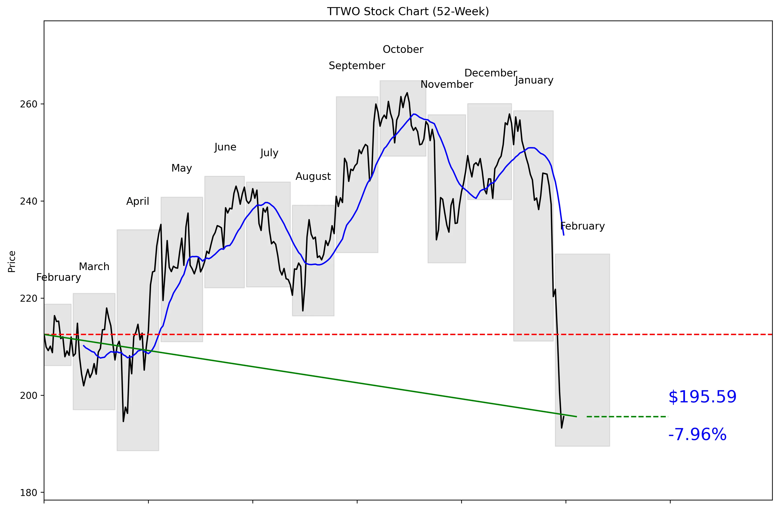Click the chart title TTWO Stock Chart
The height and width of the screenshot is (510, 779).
point(408,11)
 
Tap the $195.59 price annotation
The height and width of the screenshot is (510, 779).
point(702,397)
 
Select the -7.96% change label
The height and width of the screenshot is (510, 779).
point(697,435)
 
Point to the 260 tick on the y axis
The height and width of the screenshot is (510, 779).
point(29,104)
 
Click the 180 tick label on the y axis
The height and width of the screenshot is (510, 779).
point(29,493)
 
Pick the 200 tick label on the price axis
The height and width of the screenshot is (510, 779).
point(29,395)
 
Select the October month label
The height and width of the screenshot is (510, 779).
point(403,49)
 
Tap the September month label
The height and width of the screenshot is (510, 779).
point(357,66)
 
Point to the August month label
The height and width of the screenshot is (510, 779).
point(313,176)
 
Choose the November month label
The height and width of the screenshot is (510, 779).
point(447,84)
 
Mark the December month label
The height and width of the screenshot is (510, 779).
point(491,73)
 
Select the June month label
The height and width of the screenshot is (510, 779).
point(225,147)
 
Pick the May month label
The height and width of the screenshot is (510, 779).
point(182,168)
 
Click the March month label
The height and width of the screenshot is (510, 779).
point(94,267)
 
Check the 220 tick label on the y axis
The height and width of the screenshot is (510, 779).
point(29,299)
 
